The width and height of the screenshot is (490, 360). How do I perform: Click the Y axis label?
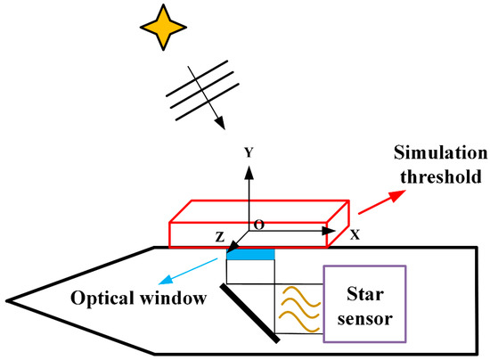click(x=249, y=152)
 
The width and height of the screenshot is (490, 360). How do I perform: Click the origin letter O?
click(x=258, y=225)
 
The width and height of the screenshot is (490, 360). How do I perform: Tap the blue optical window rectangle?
click(x=250, y=255)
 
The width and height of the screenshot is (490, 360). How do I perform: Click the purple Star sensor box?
click(x=364, y=303)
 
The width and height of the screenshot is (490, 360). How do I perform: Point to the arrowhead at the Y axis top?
click(x=249, y=167)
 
